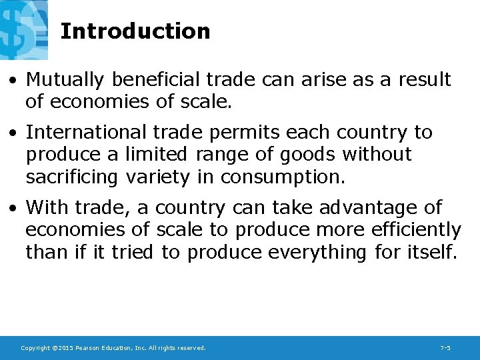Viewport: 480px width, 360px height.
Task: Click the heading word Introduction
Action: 135,31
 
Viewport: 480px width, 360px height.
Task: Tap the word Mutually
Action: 65,80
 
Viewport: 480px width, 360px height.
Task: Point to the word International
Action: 85,133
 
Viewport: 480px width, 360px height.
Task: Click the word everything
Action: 317,252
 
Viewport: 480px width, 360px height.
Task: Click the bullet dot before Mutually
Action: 13,81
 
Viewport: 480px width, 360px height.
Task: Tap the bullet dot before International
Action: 13,133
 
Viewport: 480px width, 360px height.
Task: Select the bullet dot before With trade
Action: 13,209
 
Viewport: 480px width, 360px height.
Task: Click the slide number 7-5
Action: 446,348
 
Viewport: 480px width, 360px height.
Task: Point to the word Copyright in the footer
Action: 35,348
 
